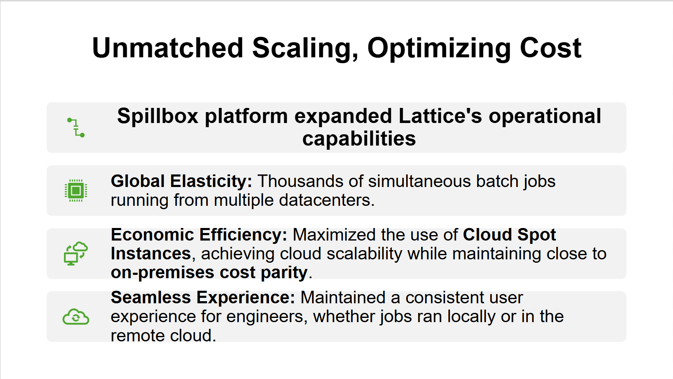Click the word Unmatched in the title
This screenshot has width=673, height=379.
coord(168,48)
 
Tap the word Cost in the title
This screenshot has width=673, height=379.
coord(550,48)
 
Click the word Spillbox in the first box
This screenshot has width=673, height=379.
coord(157,116)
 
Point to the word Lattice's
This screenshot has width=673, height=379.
coord(440,116)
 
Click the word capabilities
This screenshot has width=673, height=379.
coord(359,138)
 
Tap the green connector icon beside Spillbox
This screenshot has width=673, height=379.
coord(76,128)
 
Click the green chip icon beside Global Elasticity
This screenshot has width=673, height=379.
coord(76,191)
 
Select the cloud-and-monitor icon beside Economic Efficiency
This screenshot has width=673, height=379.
coord(76,254)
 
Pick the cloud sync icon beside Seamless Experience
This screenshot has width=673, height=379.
coord(76,317)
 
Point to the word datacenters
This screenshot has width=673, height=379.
coord(327,200)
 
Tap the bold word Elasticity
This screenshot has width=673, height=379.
coord(211,182)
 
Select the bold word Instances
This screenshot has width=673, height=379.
coord(151,254)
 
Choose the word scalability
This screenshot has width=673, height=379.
coord(364,254)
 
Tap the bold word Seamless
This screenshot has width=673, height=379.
coord(151,297)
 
